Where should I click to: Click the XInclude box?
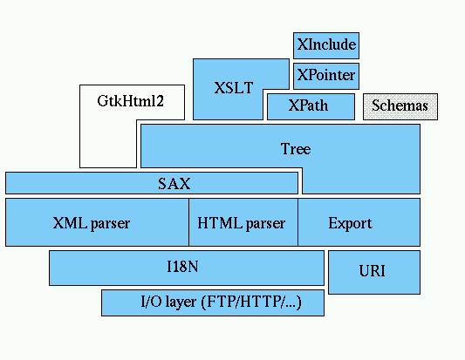(325, 44)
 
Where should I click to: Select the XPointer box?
(325, 76)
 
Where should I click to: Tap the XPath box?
(311, 106)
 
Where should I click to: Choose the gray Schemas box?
(400, 106)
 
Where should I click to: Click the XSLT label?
(233, 88)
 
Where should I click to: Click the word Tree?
(295, 149)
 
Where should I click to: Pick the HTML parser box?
(243, 222)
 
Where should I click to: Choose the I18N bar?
(186, 268)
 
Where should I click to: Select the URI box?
(373, 271)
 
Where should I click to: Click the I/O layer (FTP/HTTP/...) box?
(213, 302)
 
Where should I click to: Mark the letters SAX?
(174, 184)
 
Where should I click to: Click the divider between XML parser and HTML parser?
(188, 222)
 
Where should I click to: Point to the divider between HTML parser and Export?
(297, 222)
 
